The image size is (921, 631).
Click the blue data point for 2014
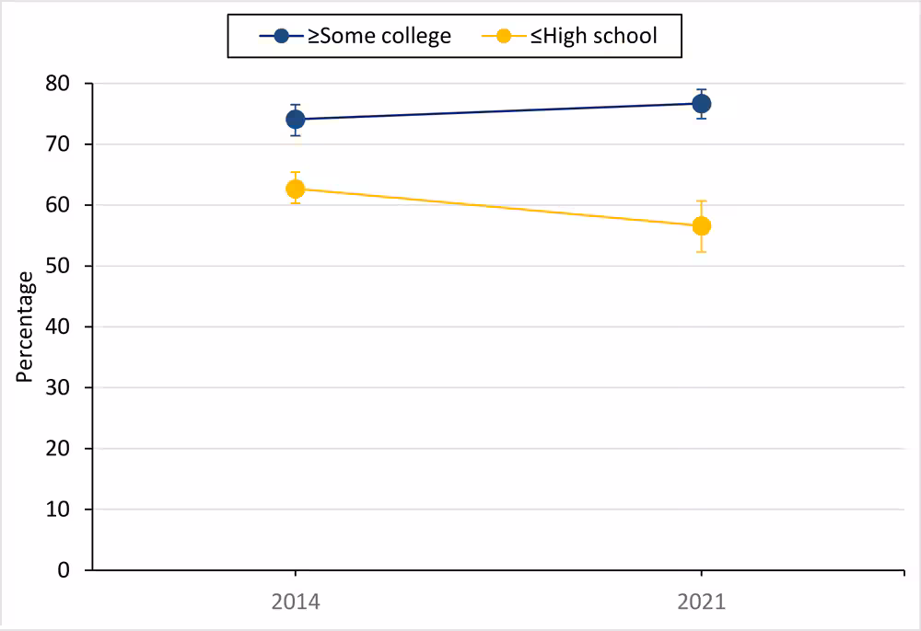[296, 119]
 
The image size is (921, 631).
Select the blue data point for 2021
[702, 103]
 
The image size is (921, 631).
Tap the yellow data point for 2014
[296, 189]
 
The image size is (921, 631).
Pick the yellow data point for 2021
[702, 225]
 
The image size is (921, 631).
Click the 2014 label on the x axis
[295, 603]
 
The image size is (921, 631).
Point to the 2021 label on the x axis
[702, 603]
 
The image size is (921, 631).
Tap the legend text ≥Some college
[379, 37]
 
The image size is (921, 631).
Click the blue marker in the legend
[282, 37]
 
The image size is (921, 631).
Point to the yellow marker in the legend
[502, 37]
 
